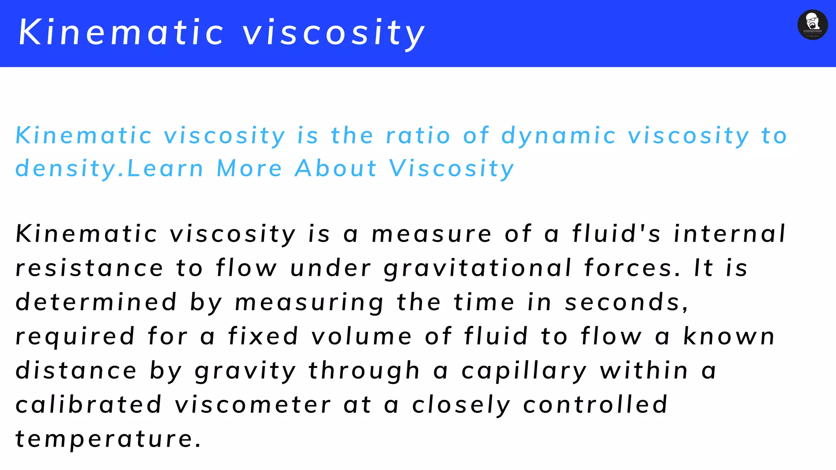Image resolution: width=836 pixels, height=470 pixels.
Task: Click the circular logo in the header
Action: point(812,25)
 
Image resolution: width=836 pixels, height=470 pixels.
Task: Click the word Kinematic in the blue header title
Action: point(122,32)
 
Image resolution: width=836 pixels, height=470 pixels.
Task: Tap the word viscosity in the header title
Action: point(334,33)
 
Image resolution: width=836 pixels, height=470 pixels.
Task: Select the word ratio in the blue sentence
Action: point(418,135)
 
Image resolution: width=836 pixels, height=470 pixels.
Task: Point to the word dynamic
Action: point(558,136)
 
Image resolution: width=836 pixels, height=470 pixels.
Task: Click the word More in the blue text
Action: point(249,168)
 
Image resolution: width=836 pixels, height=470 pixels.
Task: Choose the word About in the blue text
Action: point(336,168)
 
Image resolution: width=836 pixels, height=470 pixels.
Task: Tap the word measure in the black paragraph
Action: point(431,234)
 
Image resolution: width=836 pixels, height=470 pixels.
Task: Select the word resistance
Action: point(89,268)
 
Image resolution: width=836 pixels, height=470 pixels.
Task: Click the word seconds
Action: point(627,303)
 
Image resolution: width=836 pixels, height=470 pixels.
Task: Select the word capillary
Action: point(524,371)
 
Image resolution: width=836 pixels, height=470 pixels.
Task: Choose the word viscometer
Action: point(253,405)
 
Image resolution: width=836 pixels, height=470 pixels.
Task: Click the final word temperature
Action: point(108,439)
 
